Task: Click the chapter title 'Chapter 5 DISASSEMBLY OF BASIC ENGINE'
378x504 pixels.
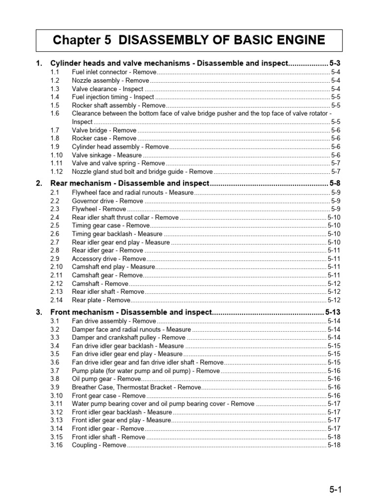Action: pos(189,40)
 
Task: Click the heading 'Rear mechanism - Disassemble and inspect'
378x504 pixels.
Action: pos(130,184)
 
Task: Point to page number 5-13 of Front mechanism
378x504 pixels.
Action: pos(333,312)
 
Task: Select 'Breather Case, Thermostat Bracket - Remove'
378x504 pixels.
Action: pos(136,387)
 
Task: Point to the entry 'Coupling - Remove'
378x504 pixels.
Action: pos(99,445)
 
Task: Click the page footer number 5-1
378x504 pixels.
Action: pos(336,489)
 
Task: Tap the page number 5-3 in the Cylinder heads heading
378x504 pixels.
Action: pos(335,63)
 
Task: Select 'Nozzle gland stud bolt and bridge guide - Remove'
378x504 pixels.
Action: pos(142,172)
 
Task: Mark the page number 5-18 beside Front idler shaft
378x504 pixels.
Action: pos(334,437)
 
